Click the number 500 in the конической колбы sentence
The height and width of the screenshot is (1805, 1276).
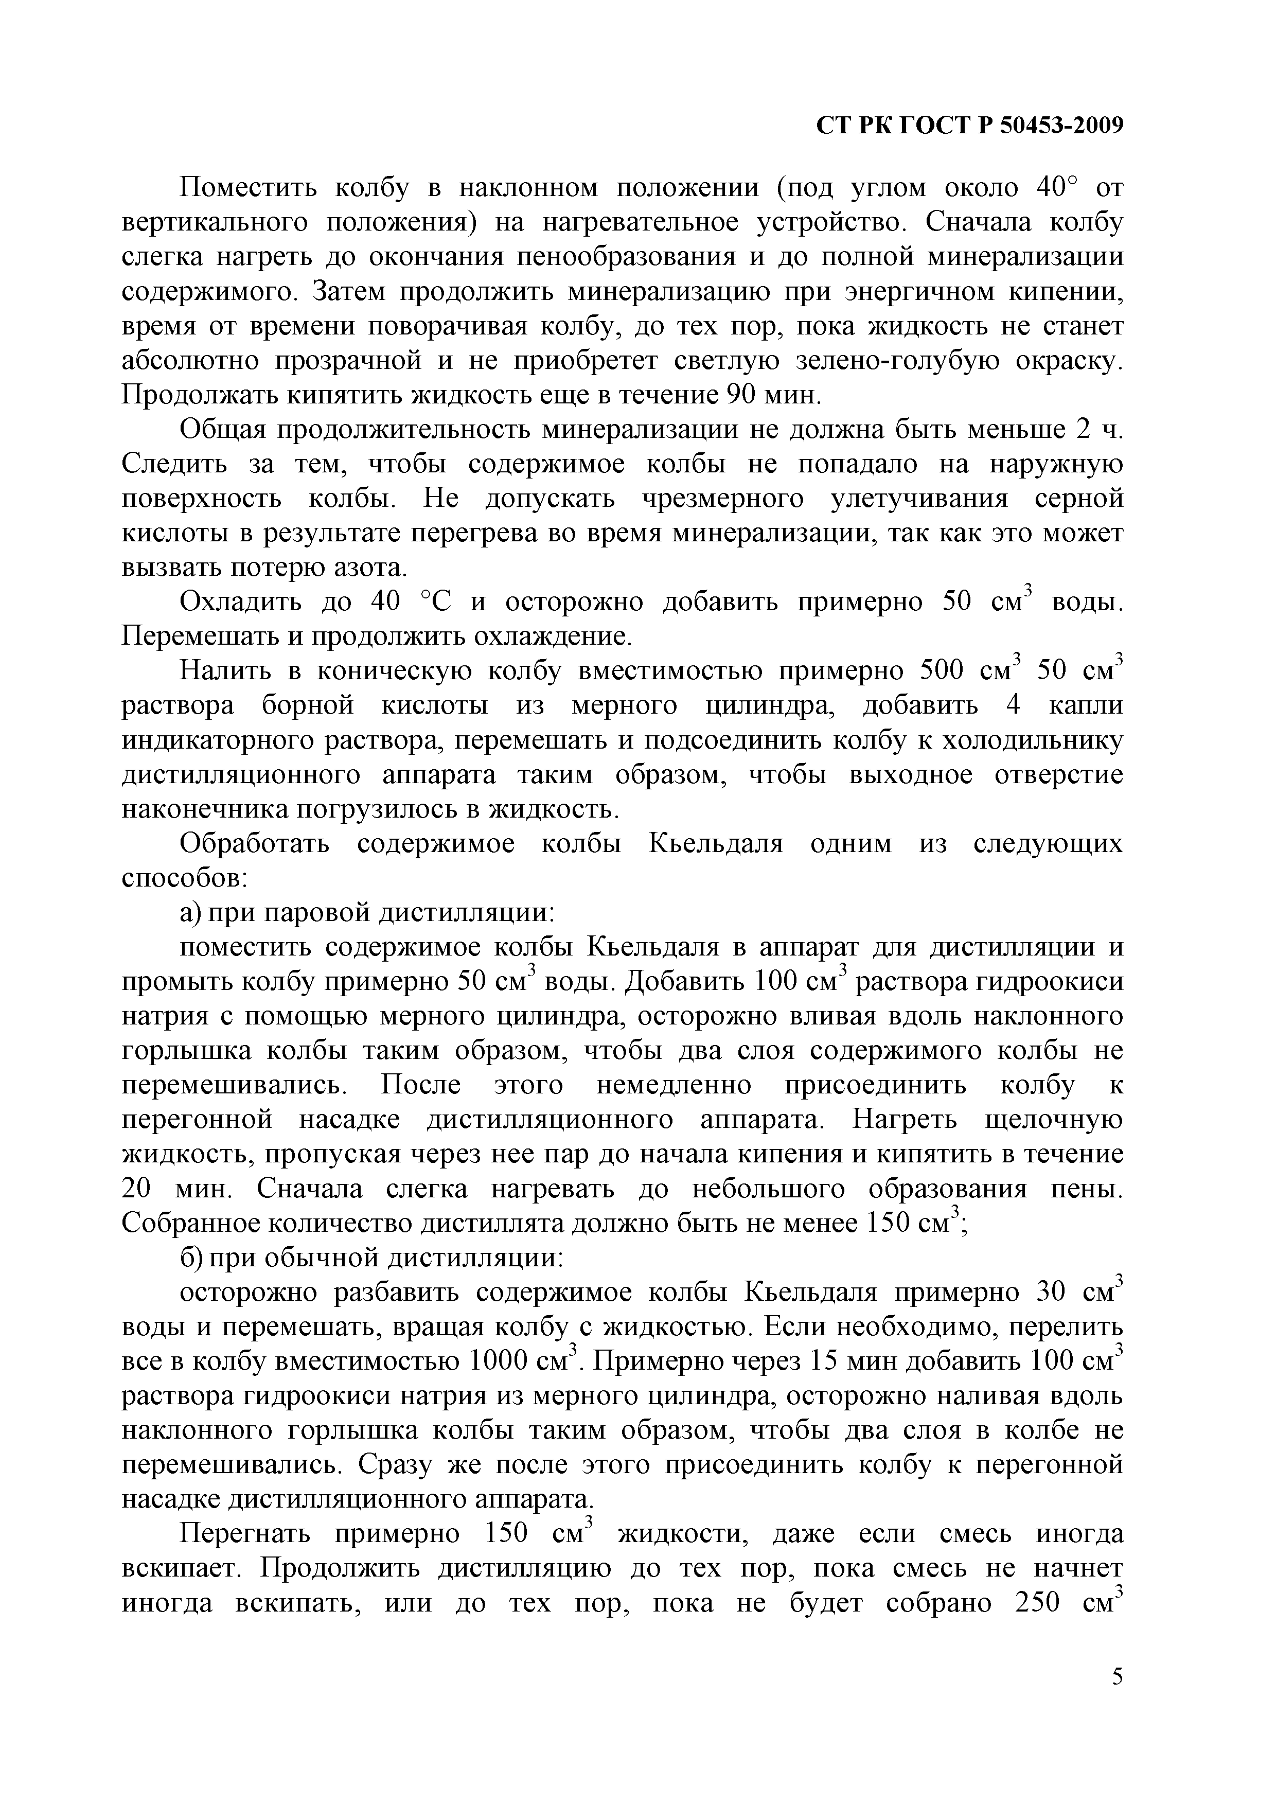(945, 671)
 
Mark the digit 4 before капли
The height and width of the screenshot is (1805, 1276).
(1014, 706)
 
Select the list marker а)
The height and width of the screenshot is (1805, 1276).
(191, 913)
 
